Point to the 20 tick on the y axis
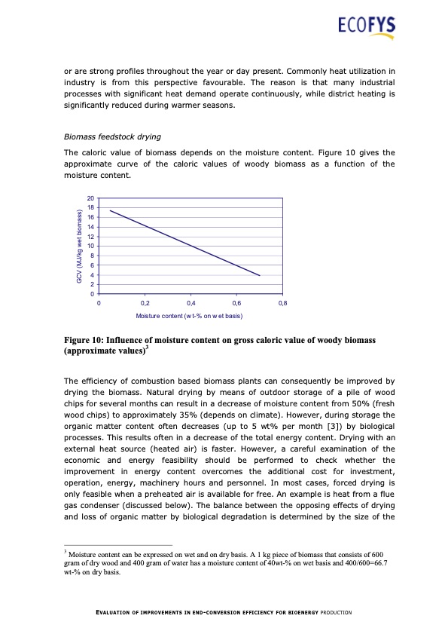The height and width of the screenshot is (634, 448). tap(90, 198)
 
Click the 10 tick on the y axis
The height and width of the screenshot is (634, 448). tap(90, 247)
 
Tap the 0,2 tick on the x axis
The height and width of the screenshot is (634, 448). tap(145, 302)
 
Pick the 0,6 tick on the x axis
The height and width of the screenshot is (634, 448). tap(236, 302)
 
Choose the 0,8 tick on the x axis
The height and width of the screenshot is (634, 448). tap(282, 302)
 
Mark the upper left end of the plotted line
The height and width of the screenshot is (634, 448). tap(111, 210)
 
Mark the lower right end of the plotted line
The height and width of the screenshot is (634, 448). tap(260, 276)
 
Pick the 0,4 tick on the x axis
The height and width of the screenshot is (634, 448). tap(190, 302)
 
